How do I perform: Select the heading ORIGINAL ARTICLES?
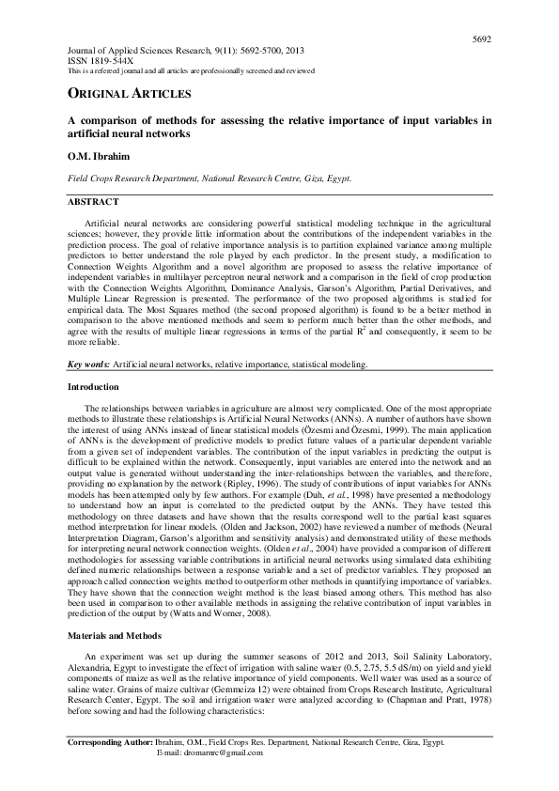[129, 94]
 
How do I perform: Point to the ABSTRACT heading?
[93, 202]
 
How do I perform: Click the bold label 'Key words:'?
[88, 363]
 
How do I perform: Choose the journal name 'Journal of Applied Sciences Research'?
[140, 49]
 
